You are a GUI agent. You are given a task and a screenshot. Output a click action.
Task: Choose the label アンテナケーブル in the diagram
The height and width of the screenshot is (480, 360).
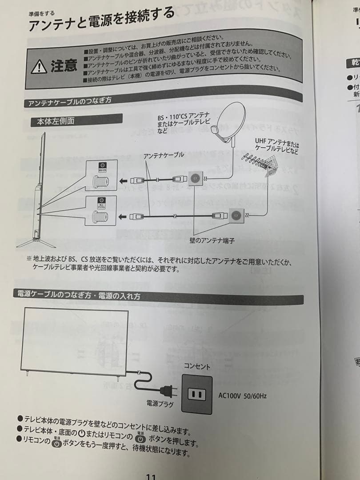tap(164, 155)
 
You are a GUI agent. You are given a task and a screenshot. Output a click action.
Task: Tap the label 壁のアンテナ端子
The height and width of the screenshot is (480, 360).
tap(212, 240)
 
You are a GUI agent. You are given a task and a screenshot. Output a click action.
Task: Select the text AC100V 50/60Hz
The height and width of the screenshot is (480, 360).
tap(243, 395)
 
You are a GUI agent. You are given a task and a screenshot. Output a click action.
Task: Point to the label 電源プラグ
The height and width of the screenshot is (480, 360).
tap(160, 404)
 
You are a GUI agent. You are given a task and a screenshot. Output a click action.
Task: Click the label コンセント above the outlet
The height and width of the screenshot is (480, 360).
tap(197, 366)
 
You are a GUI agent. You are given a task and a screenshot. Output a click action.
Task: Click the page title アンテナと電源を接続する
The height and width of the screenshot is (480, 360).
tap(101, 20)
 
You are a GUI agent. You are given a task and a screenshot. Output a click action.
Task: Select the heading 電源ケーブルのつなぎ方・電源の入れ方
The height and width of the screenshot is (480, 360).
tap(79, 295)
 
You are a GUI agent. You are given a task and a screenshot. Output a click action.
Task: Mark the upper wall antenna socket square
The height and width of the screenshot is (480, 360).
tap(195, 179)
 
